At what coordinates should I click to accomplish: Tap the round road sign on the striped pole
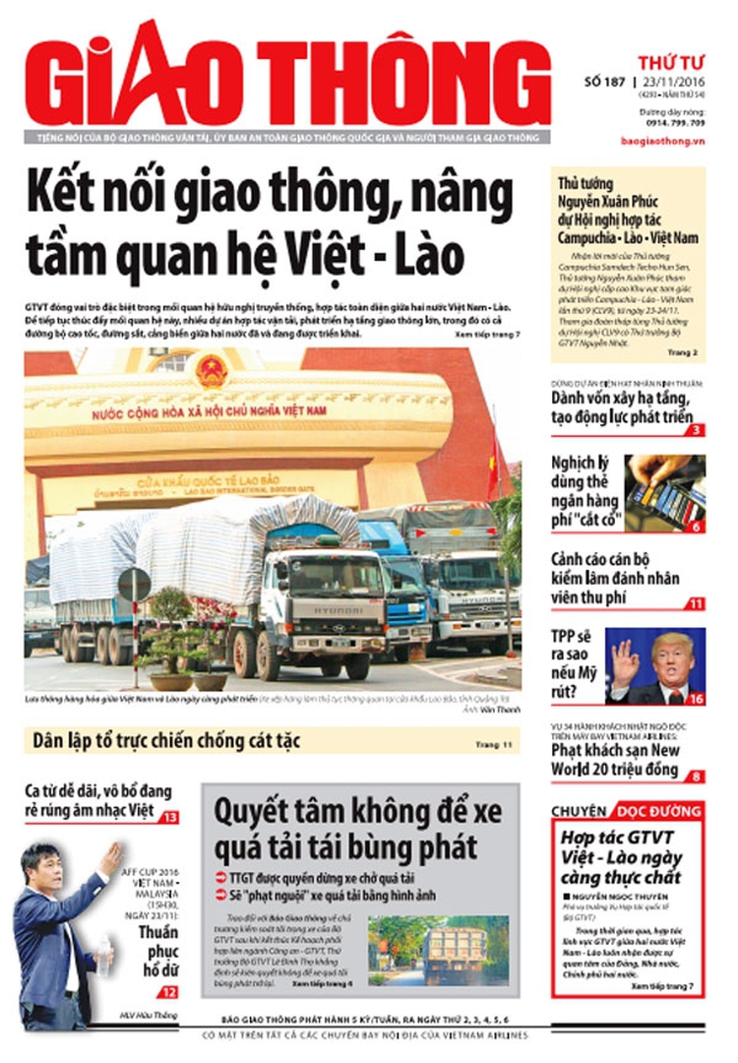tap(134, 587)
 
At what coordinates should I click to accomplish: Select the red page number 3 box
tap(696, 429)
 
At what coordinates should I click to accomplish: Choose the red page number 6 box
tap(696, 527)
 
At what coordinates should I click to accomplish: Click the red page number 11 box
tap(696, 604)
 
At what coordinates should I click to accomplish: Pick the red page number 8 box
tap(696, 777)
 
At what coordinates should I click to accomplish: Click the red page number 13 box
tap(169, 817)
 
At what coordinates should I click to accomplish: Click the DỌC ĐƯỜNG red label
tap(656, 811)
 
